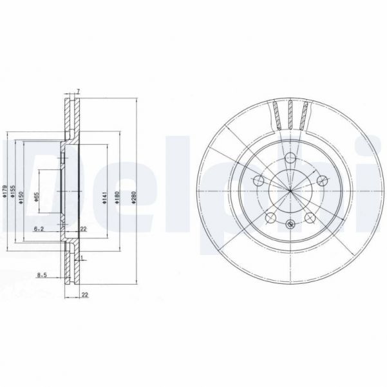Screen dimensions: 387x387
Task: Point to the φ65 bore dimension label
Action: tap(37, 196)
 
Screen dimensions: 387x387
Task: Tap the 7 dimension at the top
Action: tap(77, 91)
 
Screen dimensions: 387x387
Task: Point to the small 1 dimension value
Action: tap(83, 257)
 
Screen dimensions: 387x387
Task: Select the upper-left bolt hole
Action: tap(258, 181)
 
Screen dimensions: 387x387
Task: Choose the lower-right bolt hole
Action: tap(310, 218)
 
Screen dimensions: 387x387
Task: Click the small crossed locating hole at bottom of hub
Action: tap(290, 224)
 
